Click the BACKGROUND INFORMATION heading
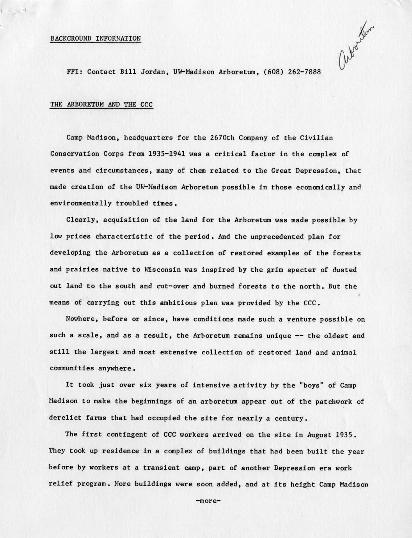point(96,38)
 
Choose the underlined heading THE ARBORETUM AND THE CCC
point(101,105)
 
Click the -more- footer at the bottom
point(208,501)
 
